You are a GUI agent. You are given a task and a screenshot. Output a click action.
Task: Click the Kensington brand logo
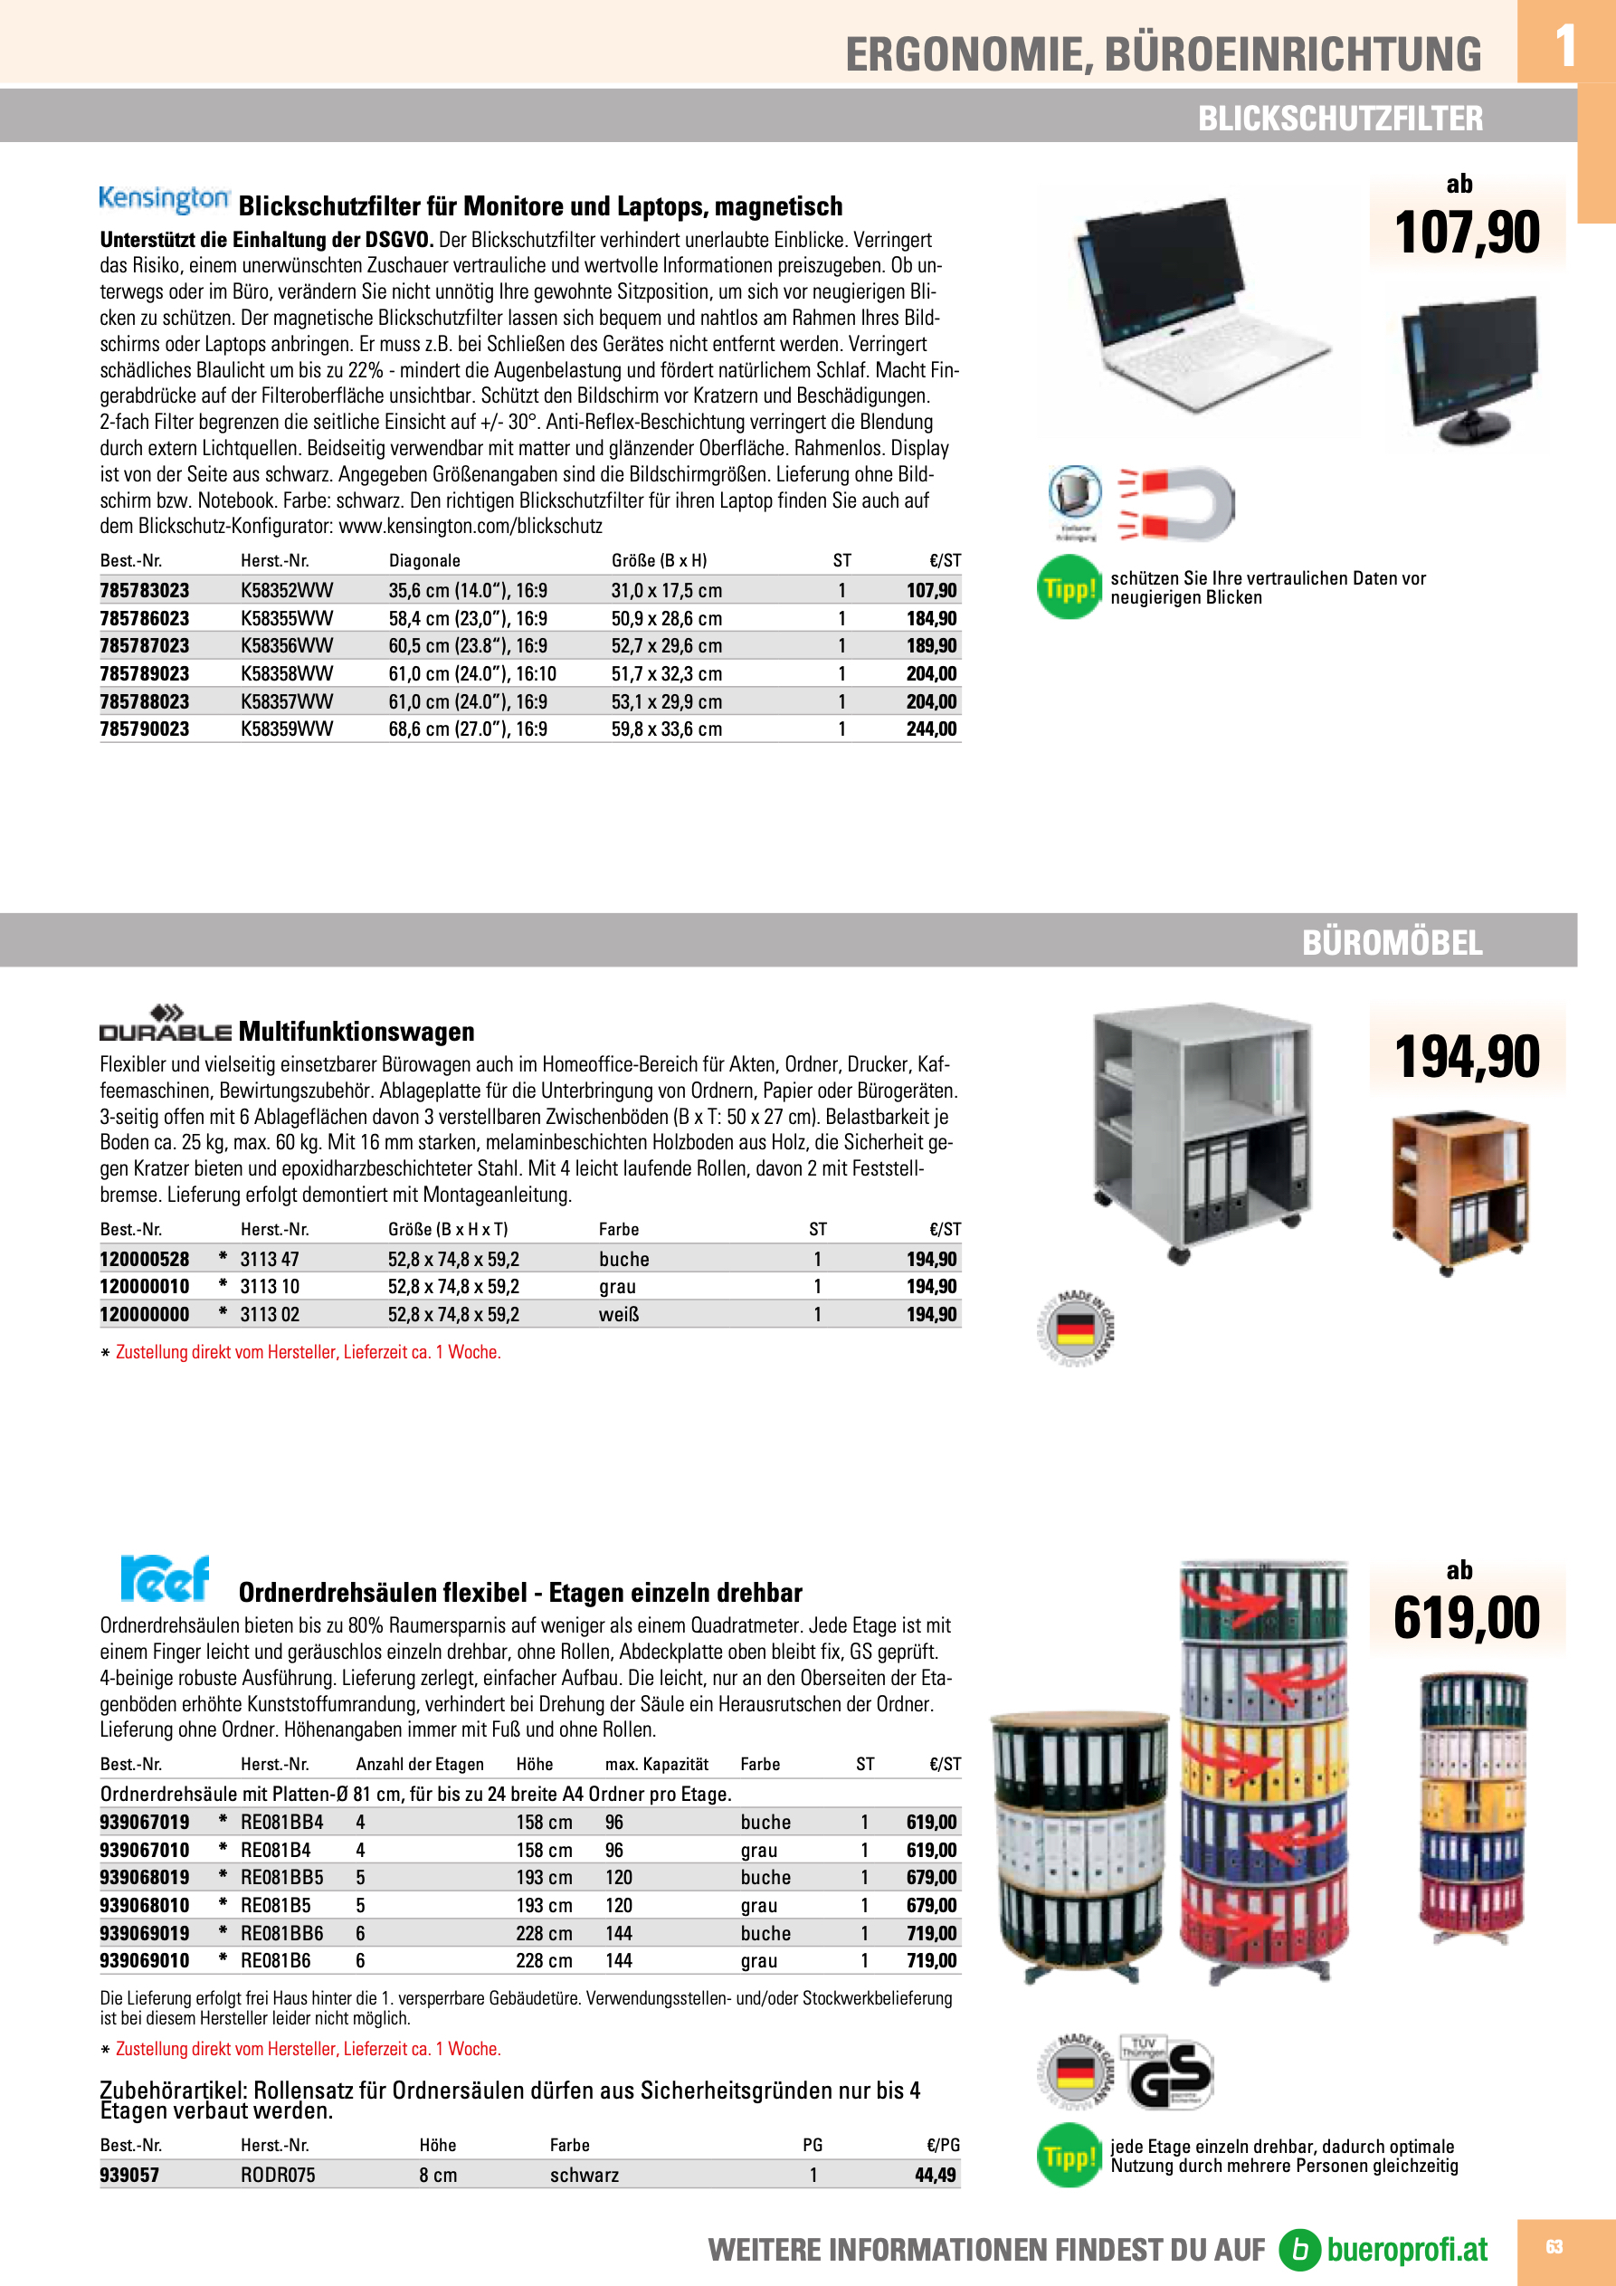(x=165, y=198)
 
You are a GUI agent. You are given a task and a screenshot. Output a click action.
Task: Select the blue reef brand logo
(x=166, y=1578)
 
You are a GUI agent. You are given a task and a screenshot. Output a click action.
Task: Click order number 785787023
(x=145, y=646)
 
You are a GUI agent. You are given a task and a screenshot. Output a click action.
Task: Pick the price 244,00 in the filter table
(x=931, y=729)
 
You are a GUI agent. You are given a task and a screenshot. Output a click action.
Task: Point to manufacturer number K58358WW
(x=287, y=674)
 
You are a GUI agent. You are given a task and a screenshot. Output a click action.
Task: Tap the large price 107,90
(x=1467, y=232)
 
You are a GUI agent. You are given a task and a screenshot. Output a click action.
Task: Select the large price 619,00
(x=1467, y=1618)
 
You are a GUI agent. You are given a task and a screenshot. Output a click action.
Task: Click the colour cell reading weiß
(x=618, y=1314)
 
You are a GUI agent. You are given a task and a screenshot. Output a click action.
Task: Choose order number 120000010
(x=145, y=1286)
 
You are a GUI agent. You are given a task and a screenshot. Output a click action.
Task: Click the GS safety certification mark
(x=1170, y=2075)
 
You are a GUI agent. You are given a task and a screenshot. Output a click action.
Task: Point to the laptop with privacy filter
(x=1190, y=304)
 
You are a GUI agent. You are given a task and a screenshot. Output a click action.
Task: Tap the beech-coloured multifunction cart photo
(x=1459, y=1190)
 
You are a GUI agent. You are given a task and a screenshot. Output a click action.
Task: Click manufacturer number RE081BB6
(x=281, y=1932)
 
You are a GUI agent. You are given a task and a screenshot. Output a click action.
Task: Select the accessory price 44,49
(x=935, y=2175)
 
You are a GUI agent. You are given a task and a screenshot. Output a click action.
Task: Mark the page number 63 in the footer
(x=1554, y=2247)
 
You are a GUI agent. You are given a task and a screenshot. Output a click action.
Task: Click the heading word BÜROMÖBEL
(x=1391, y=942)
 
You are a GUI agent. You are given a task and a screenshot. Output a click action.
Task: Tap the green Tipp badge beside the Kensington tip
(x=1069, y=588)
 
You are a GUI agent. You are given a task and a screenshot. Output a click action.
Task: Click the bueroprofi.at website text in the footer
(x=1406, y=2249)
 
